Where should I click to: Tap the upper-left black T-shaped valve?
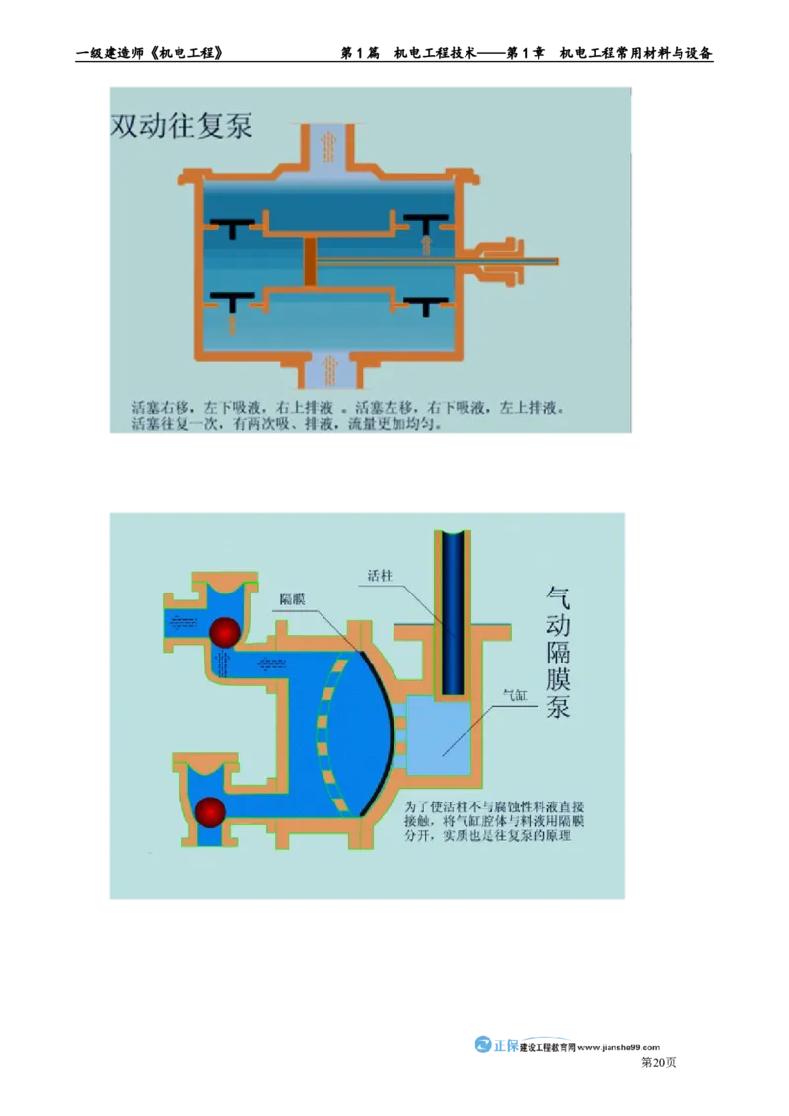233,223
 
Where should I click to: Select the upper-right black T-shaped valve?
426,221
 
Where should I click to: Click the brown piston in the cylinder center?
309,261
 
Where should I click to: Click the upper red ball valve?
224,633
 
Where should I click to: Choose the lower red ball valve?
210,811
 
